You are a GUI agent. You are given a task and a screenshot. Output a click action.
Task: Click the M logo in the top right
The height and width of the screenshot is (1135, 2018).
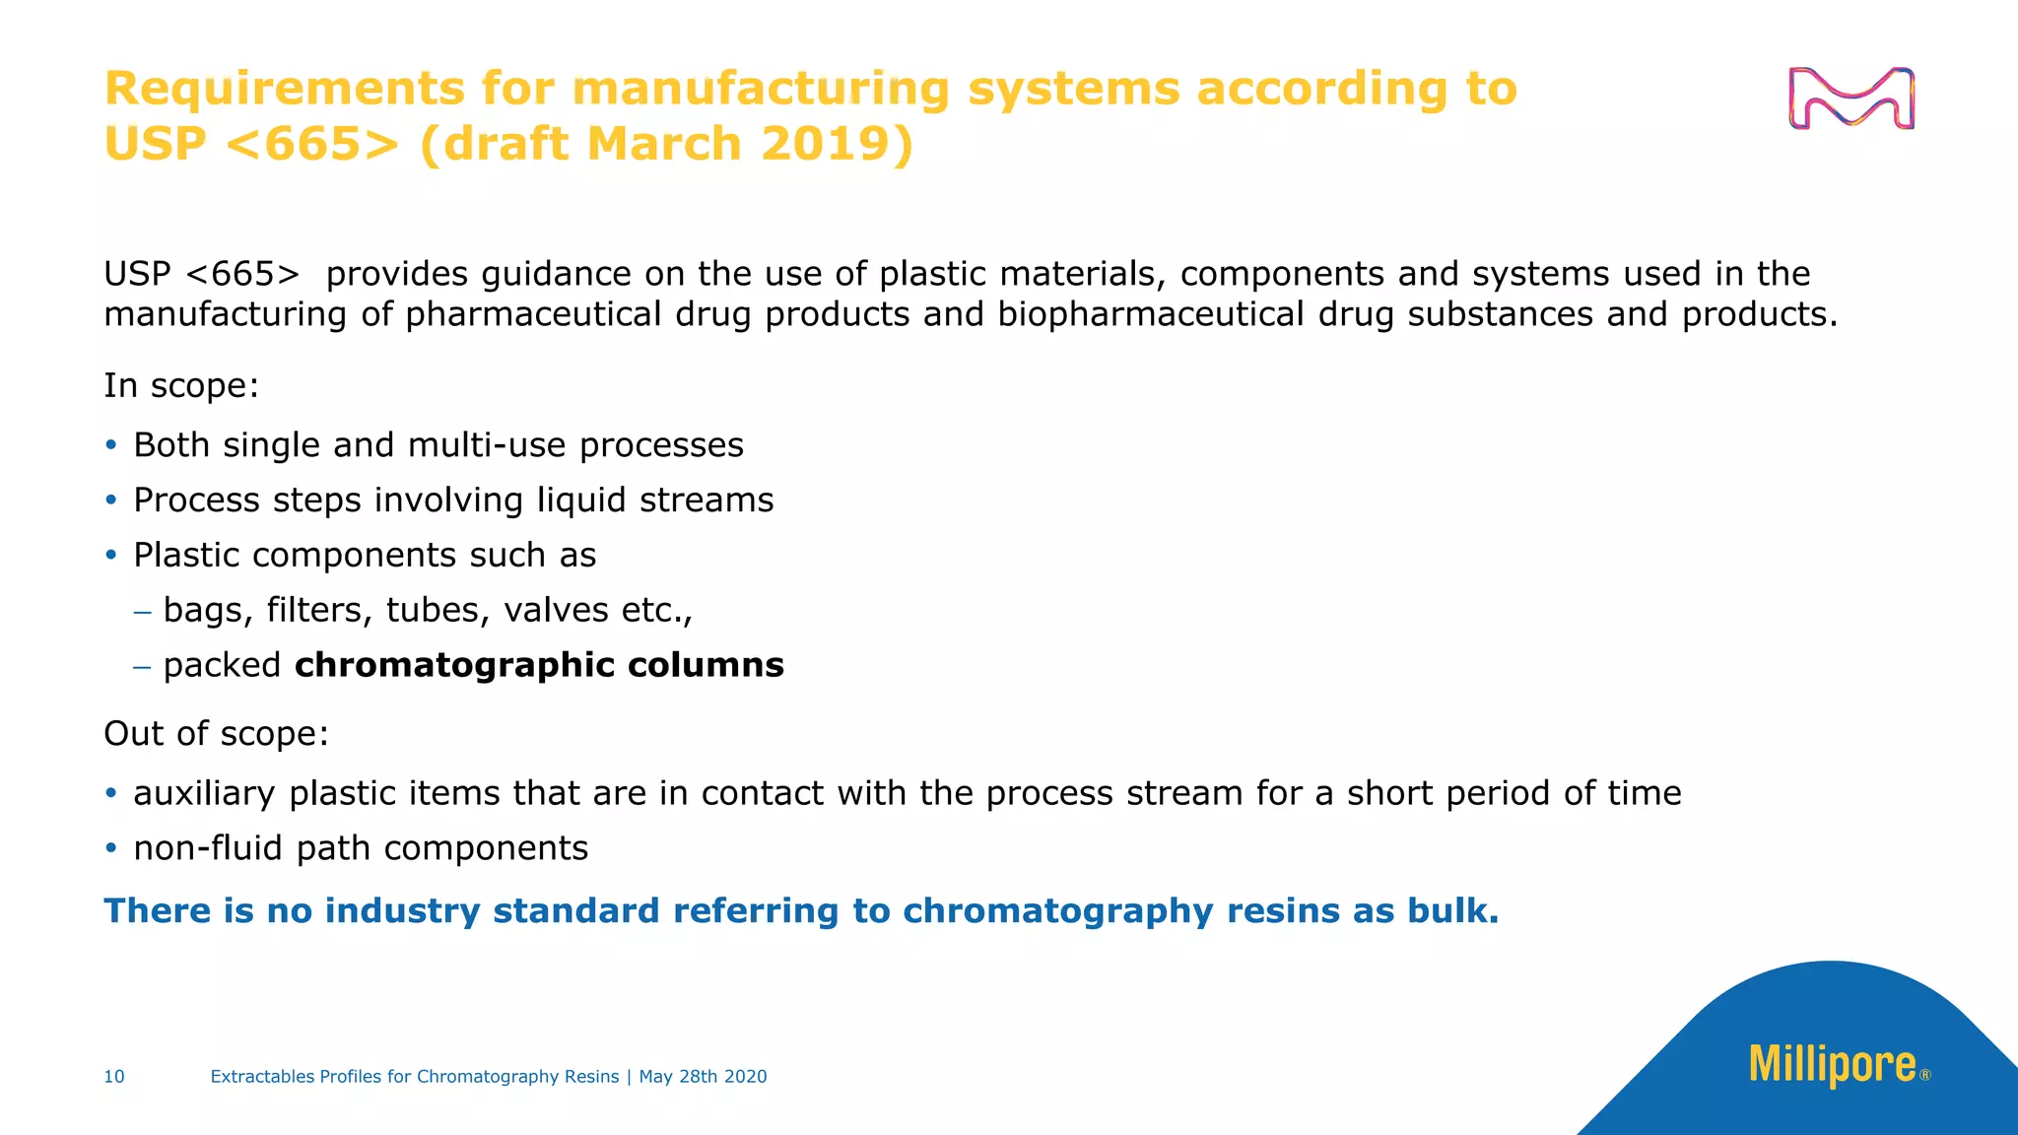coord(1850,99)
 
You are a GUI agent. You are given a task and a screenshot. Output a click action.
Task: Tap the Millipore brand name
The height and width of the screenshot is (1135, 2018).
coord(1833,1065)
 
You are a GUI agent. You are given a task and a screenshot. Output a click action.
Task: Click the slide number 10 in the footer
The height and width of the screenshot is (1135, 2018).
coord(114,1077)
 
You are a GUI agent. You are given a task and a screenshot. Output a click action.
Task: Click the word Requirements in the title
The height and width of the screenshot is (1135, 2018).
coord(284,89)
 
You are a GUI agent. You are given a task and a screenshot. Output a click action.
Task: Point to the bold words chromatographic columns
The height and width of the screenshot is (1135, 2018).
coord(539,665)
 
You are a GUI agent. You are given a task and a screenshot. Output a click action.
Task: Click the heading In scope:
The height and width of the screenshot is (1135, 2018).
coord(181,385)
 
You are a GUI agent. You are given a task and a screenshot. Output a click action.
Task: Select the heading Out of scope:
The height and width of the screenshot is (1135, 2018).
coord(216,733)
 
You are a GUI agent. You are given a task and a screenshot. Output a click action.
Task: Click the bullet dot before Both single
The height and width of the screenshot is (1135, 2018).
coord(111,445)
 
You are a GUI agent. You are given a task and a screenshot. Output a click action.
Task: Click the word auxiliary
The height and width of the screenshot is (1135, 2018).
coord(204,793)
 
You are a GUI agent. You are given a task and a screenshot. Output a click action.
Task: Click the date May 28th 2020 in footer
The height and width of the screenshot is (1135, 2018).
coord(703,1077)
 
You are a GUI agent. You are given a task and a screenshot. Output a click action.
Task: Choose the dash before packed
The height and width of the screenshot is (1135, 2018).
coord(143,666)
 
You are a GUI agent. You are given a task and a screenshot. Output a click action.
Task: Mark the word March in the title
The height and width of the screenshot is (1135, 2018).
coord(664,144)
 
